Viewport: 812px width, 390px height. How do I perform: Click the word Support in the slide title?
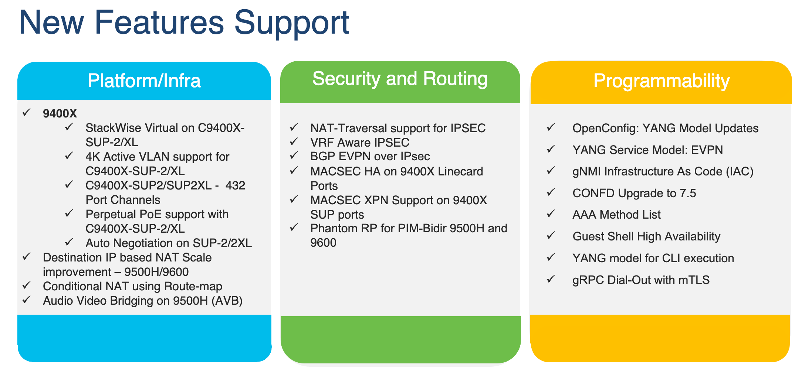291,23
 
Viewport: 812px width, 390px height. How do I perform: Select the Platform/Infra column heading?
144,81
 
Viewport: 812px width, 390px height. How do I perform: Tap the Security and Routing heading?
400,79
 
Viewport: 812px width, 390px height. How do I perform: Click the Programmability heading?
661,81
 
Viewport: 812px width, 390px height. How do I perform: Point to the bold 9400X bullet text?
60,114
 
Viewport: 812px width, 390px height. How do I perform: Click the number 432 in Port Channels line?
235,185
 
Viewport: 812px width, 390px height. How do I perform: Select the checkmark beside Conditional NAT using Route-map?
26,285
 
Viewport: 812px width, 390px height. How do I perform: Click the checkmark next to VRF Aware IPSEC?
294,142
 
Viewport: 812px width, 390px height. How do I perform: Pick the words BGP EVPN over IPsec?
370,157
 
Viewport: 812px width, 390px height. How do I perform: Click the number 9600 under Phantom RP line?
323,243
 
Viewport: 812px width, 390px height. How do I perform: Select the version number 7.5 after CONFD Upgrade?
688,194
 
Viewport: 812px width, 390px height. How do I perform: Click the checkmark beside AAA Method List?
551,214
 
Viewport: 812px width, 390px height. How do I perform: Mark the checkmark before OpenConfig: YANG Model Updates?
551,127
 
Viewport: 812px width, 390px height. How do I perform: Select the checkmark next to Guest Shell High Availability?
551,236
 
